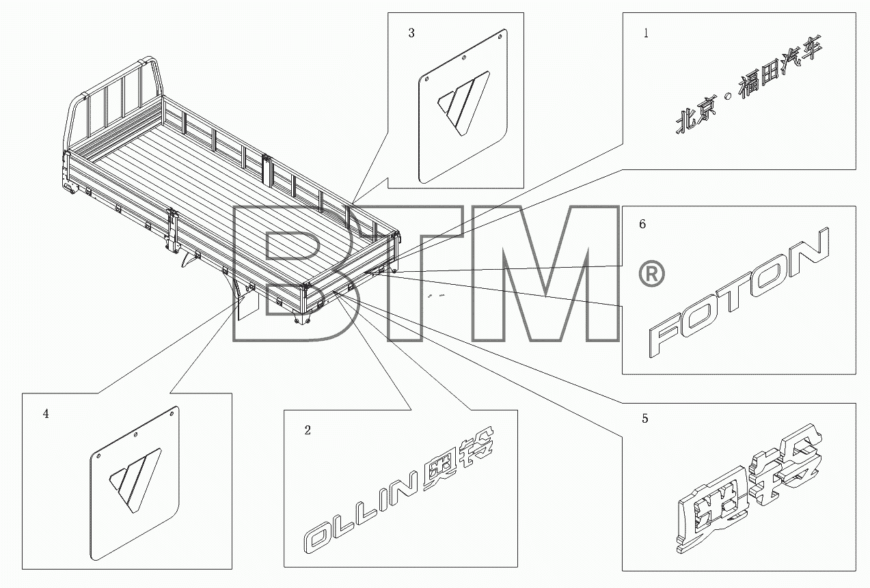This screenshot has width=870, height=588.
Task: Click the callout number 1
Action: point(646,33)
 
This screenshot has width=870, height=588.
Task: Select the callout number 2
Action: point(308,430)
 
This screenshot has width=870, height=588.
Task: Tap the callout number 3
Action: point(411,33)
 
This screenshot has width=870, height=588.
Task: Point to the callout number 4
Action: point(46,414)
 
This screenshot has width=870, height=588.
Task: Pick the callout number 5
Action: point(645,419)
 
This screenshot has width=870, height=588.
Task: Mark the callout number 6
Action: point(642,224)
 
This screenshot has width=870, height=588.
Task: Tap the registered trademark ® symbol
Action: point(652,274)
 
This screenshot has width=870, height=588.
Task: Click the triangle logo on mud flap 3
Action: point(463,103)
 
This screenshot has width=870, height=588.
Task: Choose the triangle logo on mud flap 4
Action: point(135,481)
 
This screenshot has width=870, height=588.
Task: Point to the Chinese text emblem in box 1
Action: point(749,85)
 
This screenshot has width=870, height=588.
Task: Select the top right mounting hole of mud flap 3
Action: point(500,38)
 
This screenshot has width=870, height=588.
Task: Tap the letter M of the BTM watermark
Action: point(545,274)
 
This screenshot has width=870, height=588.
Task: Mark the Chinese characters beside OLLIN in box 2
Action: point(459,460)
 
